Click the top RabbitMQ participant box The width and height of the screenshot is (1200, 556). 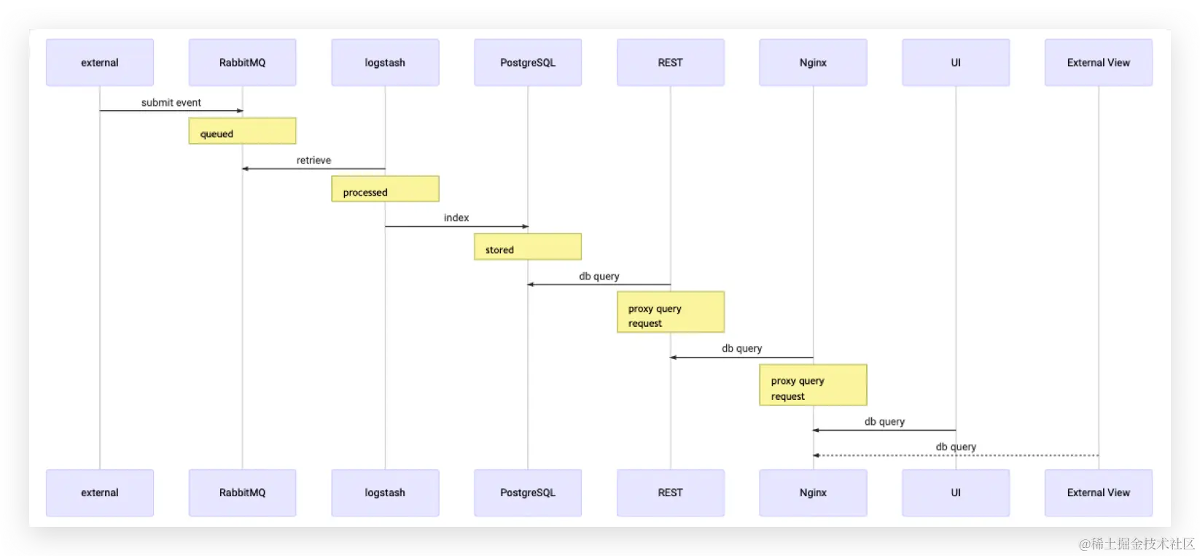[242, 62]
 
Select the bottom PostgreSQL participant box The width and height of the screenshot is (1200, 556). [528, 493]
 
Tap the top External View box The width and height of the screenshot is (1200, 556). [1098, 62]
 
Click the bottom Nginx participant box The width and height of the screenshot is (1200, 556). [813, 493]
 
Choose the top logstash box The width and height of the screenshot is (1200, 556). [385, 62]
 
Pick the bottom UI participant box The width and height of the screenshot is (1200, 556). [956, 493]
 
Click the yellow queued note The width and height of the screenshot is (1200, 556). [242, 131]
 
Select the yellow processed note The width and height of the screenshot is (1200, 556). [385, 189]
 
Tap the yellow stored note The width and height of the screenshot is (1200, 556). [528, 247]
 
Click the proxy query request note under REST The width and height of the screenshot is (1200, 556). [671, 312]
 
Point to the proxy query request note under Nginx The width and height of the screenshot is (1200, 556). [813, 385]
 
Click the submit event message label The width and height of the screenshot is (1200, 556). [171, 102]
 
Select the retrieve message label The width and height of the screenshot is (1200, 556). [314, 161]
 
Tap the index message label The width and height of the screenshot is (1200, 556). [456, 217]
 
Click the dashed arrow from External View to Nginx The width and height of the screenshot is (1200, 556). [956, 455]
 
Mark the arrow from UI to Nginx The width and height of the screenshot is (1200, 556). [884, 430]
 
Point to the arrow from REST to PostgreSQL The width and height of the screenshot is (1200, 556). [599, 284]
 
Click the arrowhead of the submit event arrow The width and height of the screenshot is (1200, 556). [240, 111]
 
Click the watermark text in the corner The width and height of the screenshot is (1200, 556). [1137, 544]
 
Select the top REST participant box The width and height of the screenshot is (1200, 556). [671, 62]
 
